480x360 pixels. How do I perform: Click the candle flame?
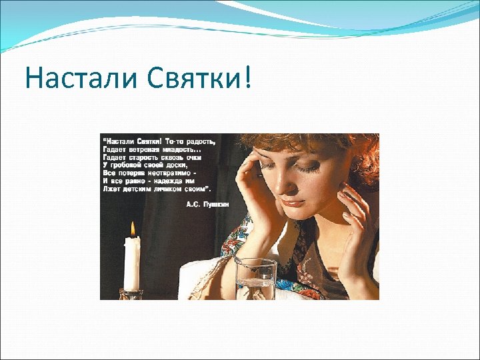click(133, 230)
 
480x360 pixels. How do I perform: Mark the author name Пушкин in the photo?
click(216, 204)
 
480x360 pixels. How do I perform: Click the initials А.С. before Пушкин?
click(193, 204)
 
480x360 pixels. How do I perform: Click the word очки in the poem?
click(198, 157)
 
